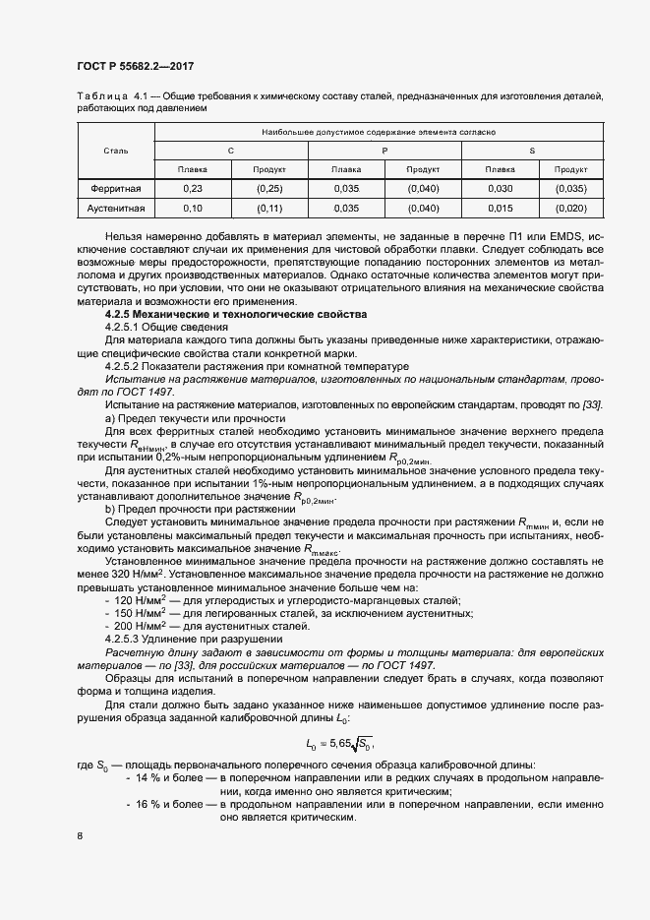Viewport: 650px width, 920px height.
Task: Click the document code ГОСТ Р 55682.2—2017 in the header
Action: coord(135,66)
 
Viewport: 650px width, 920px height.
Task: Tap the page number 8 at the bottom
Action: coord(80,836)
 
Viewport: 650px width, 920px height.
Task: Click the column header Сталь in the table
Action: coord(116,151)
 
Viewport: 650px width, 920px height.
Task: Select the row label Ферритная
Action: coord(116,188)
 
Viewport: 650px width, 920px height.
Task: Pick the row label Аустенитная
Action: coord(116,209)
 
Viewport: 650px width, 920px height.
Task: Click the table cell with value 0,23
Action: coord(193,188)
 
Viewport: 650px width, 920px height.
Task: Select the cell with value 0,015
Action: coord(501,209)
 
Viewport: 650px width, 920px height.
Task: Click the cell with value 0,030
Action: coord(501,188)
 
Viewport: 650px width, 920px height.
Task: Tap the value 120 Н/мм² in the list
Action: coord(138,600)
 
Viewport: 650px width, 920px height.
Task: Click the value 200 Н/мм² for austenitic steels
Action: coord(138,626)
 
